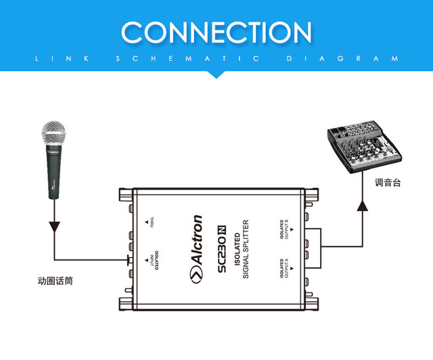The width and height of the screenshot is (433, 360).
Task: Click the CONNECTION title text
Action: pos(216,32)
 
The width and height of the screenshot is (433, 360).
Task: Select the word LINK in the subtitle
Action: pos(61,59)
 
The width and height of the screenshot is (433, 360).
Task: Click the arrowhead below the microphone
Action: pos(53,227)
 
